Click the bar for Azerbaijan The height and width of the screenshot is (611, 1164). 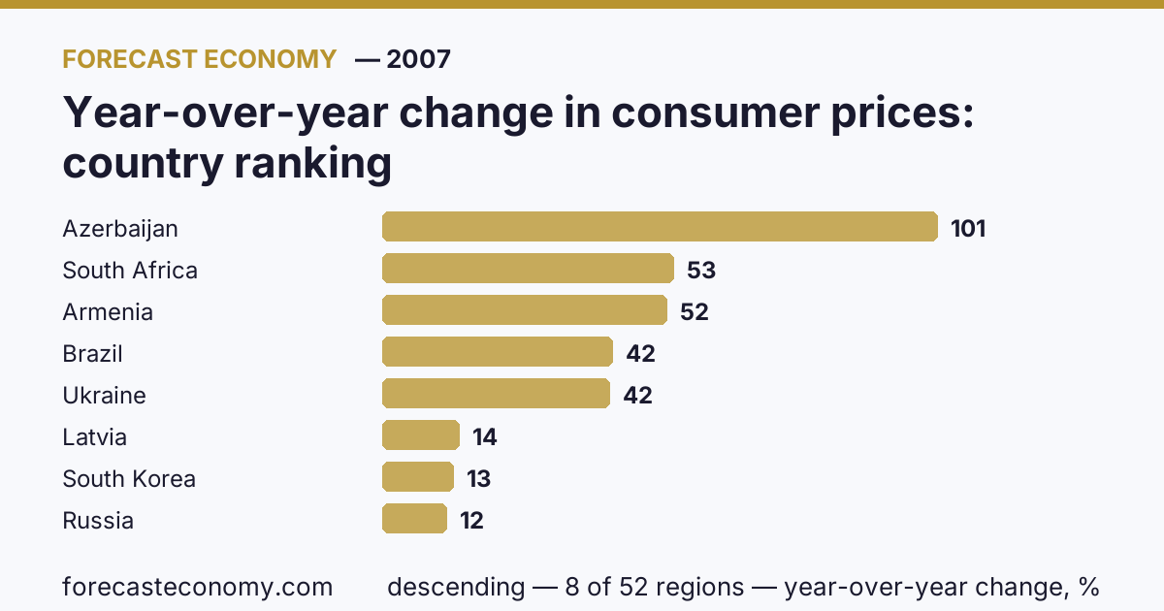pyautogui.click(x=660, y=227)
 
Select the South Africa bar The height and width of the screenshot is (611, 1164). pyautogui.click(x=528, y=268)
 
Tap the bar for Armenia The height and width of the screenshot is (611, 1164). pyautogui.click(x=525, y=310)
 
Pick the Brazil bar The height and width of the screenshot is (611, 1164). pyautogui.click(x=498, y=352)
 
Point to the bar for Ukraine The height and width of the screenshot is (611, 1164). pyautogui.click(x=497, y=394)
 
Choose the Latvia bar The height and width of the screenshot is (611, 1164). pyautogui.click(x=421, y=434)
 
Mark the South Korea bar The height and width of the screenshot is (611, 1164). pyautogui.click(x=418, y=476)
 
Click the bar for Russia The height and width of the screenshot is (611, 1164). pyautogui.click(x=415, y=519)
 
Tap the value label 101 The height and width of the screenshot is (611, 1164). pyautogui.click(x=968, y=229)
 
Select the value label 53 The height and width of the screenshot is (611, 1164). pyautogui.click(x=701, y=271)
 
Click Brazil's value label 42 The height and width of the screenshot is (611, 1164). pyautogui.click(x=641, y=354)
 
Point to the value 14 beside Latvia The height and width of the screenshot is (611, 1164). pyautogui.click(x=485, y=437)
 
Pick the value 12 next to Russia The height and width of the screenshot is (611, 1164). pyautogui.click(x=471, y=521)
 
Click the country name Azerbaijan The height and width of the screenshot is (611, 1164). pyautogui.click(x=120, y=229)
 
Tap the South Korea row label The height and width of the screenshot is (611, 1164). pyautogui.click(x=129, y=478)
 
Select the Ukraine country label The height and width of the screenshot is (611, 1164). pyautogui.click(x=104, y=396)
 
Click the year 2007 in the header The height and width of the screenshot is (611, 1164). pyautogui.click(x=418, y=59)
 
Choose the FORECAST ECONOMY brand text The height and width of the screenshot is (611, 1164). pyautogui.click(x=200, y=59)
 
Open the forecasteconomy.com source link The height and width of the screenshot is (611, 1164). pyautogui.click(x=198, y=587)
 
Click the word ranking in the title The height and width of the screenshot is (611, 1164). pyautogui.click(x=312, y=164)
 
